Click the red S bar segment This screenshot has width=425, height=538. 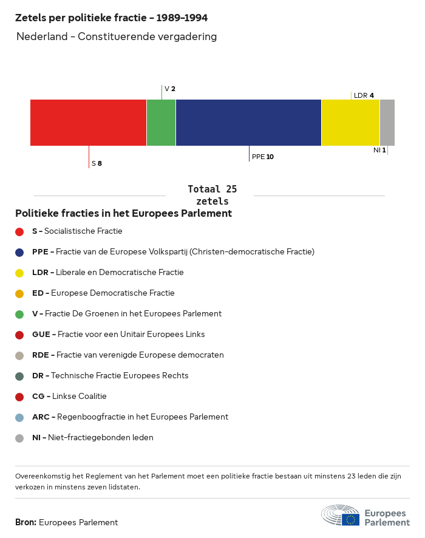[88, 123]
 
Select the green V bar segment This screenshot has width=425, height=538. [161, 123]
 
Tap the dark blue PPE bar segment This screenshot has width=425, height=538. [248, 123]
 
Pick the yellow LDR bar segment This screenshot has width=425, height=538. [350, 123]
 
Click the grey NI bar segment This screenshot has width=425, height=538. [387, 123]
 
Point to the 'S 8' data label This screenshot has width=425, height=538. [97, 163]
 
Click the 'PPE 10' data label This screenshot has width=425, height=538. [263, 157]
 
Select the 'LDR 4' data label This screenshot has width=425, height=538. [364, 95]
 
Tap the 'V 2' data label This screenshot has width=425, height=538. [170, 89]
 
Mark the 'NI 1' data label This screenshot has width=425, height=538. [379, 149]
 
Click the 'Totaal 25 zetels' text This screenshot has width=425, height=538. [212, 195]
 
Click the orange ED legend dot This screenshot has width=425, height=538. [19, 293]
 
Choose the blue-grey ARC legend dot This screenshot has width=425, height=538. [19, 417]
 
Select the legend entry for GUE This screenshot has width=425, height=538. [118, 335]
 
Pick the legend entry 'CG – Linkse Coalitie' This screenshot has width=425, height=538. [69, 397]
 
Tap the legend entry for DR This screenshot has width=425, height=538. [110, 376]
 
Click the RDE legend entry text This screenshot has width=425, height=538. [128, 355]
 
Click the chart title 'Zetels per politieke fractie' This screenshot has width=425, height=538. [115, 18]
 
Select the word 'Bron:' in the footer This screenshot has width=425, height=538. [25, 522]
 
